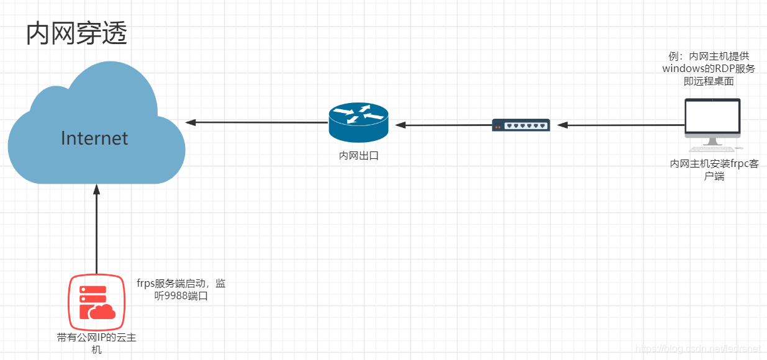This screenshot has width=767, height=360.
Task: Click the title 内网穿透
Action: coord(76,34)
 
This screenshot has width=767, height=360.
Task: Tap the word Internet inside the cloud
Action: coord(94,138)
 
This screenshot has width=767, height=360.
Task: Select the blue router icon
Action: coord(358,122)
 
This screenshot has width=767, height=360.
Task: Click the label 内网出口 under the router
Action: coord(358,156)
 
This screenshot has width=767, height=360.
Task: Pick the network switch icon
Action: coord(521,125)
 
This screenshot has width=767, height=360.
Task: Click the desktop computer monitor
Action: coord(712,117)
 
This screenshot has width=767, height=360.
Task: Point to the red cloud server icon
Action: coord(96,303)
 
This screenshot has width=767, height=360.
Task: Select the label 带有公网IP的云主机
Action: coord(96,344)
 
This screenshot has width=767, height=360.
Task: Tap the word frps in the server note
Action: coord(147,284)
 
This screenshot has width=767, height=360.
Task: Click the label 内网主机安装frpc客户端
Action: coord(714,169)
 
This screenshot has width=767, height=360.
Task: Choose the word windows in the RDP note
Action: coord(684,68)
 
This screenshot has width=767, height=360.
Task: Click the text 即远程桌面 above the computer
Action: coord(709,81)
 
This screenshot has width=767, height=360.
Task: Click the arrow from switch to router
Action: coord(443,125)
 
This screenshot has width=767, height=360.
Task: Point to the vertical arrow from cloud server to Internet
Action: coord(96,230)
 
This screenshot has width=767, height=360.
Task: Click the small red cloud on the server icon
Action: coord(102,310)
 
